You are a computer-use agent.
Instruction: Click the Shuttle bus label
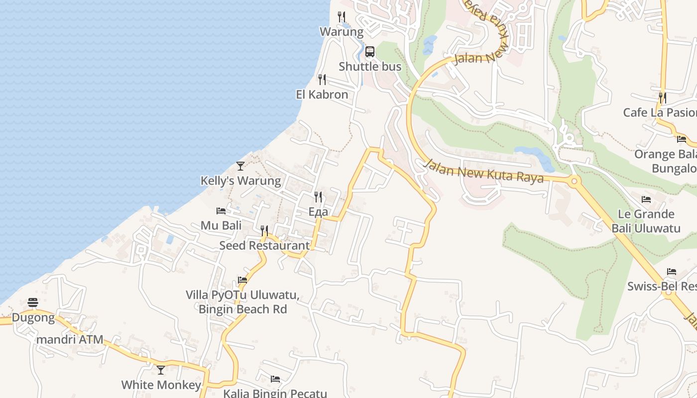pos(370,67)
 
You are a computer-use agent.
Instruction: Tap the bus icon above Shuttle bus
pos(370,52)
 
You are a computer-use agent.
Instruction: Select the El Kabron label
pos(322,95)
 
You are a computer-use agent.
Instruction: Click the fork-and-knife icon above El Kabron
pos(322,79)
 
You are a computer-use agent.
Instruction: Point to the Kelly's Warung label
pos(240,181)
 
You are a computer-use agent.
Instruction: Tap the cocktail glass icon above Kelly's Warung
pos(240,166)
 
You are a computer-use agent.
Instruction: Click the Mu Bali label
pos(221,225)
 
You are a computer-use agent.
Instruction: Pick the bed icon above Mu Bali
pos(221,211)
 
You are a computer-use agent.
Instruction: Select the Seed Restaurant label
pos(264,245)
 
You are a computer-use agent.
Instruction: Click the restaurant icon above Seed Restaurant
pos(264,230)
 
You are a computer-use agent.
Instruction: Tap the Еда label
pos(318,212)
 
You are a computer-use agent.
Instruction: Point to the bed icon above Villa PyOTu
pos(242,280)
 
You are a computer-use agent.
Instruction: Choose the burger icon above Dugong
pos(33,302)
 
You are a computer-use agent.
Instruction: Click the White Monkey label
pos(161,385)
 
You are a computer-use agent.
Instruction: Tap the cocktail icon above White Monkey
pos(161,370)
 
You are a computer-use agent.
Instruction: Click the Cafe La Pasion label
pos(660,112)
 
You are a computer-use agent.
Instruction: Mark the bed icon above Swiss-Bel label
pos(672,272)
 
